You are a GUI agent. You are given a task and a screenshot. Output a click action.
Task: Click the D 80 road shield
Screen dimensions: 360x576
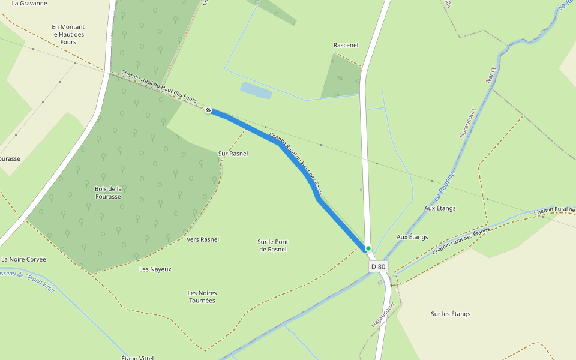tap(378, 266)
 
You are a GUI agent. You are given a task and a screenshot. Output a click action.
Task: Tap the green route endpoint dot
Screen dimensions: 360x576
tap(368, 248)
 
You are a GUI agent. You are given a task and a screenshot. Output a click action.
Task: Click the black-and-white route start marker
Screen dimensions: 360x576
tap(208, 110)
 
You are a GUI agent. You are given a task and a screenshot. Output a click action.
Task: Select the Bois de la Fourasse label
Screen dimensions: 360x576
tap(108, 192)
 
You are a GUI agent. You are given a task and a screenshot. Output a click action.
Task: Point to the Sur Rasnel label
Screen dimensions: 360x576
tap(233, 154)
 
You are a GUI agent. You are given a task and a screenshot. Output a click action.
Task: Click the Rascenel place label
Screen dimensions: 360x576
tap(346, 45)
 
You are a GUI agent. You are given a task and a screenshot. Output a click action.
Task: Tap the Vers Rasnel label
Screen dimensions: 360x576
tap(203, 239)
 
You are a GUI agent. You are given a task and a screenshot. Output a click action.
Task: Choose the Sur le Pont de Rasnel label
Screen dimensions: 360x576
tap(273, 245)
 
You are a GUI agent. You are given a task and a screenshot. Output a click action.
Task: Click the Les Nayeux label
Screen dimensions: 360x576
tap(155, 269)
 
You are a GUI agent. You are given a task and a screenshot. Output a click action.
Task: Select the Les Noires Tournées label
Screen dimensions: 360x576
tap(202, 296)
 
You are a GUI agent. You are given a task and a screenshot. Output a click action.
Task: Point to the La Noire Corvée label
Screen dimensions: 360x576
tap(23, 259)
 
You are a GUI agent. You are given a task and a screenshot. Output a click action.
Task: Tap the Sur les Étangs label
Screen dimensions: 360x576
tap(451, 314)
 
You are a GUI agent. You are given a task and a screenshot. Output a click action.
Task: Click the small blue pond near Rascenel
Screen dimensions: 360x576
tap(256, 90)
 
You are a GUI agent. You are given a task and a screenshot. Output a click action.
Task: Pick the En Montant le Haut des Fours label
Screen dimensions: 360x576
tap(68, 34)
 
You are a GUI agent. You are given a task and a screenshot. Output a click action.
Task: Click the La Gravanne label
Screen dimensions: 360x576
tap(29, 4)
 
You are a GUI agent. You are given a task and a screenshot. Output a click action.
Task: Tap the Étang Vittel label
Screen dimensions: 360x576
tap(138, 358)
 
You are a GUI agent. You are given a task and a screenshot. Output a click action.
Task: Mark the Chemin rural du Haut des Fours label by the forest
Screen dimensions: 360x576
tap(159, 87)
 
